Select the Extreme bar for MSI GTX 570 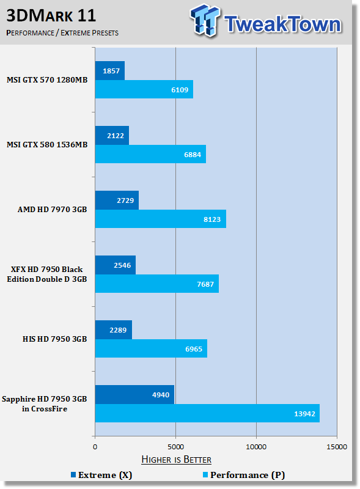click(x=110, y=71)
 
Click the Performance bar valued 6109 click(x=144, y=89)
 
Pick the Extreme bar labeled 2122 click(x=112, y=136)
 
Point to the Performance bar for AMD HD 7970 click(x=160, y=219)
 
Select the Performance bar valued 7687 click(x=156, y=284)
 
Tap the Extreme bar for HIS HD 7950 click(x=114, y=330)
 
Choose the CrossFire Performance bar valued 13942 click(x=207, y=413)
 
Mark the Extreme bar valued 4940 click(x=134, y=395)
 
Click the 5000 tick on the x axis click(x=175, y=447)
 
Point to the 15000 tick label click(x=337, y=447)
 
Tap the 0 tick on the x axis click(x=95, y=447)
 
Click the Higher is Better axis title click(x=176, y=459)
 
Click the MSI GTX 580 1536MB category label click(x=47, y=145)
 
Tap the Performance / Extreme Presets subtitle click(x=62, y=32)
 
